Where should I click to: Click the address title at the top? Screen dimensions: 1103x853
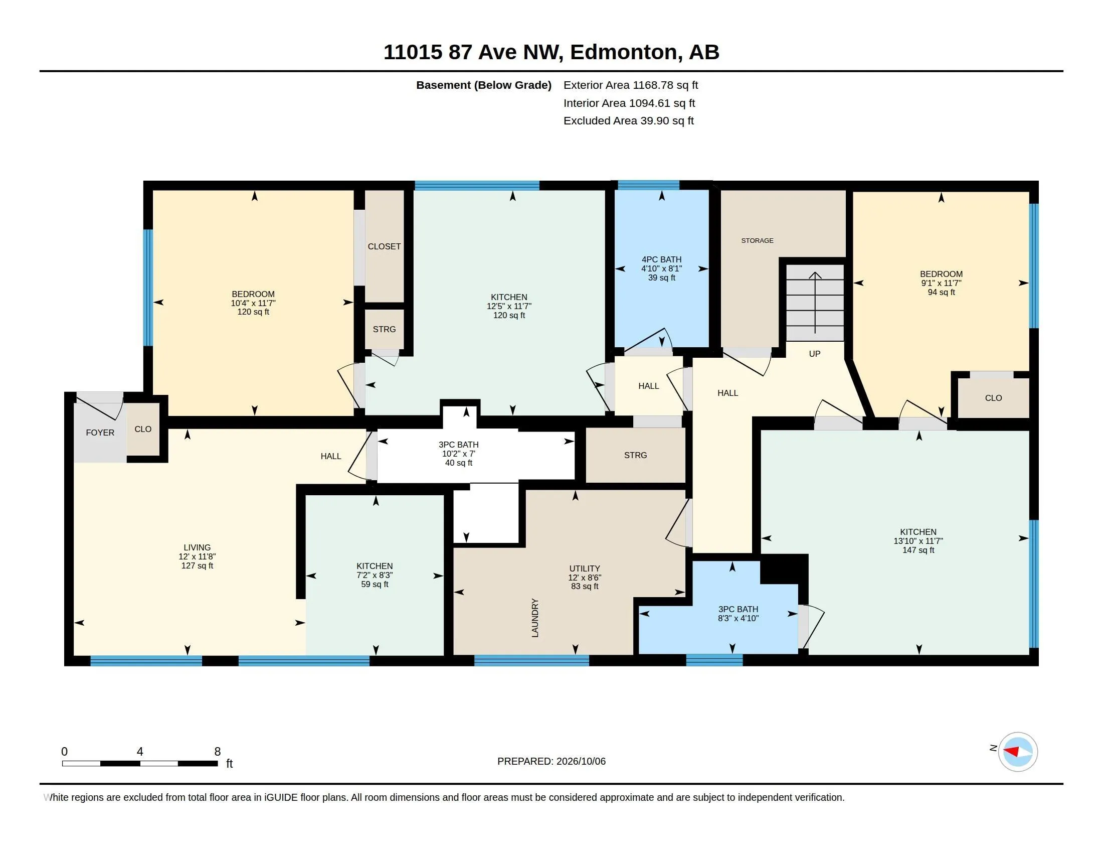click(x=551, y=52)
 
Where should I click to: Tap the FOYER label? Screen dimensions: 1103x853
click(x=100, y=433)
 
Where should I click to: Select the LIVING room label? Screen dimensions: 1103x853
click(x=197, y=547)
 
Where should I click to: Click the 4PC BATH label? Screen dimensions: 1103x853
click(x=662, y=260)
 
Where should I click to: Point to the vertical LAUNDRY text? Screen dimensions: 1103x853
click(x=535, y=618)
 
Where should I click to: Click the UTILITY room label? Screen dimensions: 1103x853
click(x=585, y=568)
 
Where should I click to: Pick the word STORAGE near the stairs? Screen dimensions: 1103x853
click(x=757, y=240)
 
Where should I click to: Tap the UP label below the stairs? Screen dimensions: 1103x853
click(x=815, y=354)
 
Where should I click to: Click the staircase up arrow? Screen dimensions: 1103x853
click(x=815, y=303)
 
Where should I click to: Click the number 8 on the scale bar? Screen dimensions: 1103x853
click(x=218, y=752)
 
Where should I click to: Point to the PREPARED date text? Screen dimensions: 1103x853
click(x=551, y=761)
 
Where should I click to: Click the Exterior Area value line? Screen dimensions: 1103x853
click(x=631, y=85)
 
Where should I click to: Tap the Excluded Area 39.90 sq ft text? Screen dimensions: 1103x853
click(x=629, y=121)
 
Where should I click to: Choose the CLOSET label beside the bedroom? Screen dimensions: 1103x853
click(x=385, y=246)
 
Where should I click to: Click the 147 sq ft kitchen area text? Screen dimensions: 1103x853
click(x=918, y=550)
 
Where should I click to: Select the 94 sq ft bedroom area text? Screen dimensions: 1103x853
click(x=942, y=292)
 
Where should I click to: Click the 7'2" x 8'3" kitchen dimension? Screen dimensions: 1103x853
click(x=375, y=575)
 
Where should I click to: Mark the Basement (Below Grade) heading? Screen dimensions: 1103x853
click(x=484, y=85)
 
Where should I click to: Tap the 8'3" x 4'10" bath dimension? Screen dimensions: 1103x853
click(x=739, y=618)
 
